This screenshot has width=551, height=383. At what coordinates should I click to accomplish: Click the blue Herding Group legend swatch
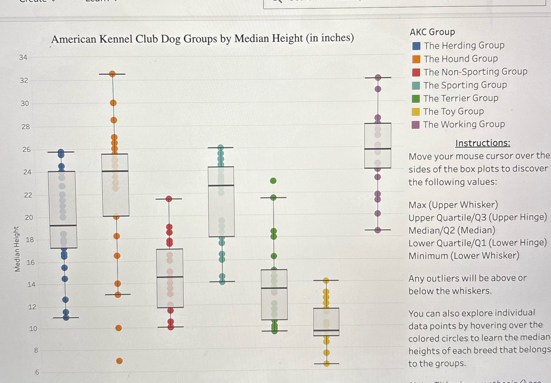[x=416, y=46]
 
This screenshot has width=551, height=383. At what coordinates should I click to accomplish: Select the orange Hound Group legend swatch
[x=416, y=59]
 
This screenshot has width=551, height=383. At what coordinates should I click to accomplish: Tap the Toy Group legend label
[x=453, y=111]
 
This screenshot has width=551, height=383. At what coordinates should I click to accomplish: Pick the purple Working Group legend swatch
[x=415, y=125]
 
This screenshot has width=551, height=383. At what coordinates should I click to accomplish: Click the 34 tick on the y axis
[x=23, y=57]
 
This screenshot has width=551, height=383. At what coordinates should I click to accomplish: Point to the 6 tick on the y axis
[x=37, y=372]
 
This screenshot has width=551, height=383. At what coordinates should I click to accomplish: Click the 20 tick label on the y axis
[x=29, y=217]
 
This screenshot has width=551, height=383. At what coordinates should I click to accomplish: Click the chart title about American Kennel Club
[x=203, y=39]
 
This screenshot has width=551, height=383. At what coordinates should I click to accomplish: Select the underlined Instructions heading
[x=483, y=143]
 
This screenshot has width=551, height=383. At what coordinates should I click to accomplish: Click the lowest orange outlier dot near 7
[x=120, y=361]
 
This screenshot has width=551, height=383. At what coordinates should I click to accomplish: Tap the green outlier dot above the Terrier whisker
[x=273, y=181]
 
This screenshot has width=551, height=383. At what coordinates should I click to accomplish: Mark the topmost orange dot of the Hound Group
[x=112, y=74]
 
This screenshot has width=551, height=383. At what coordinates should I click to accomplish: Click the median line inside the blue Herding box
[x=63, y=225]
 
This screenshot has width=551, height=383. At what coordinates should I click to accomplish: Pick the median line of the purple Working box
[x=378, y=149]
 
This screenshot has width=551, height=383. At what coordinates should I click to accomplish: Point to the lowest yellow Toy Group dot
[x=327, y=363]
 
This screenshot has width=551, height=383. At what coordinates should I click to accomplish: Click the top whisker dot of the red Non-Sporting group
[x=169, y=199]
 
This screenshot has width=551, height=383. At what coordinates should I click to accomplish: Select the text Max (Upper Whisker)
[x=453, y=205]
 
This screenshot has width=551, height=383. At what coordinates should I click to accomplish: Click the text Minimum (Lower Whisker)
[x=464, y=256]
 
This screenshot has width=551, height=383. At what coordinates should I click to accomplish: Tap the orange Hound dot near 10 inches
[x=119, y=328]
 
